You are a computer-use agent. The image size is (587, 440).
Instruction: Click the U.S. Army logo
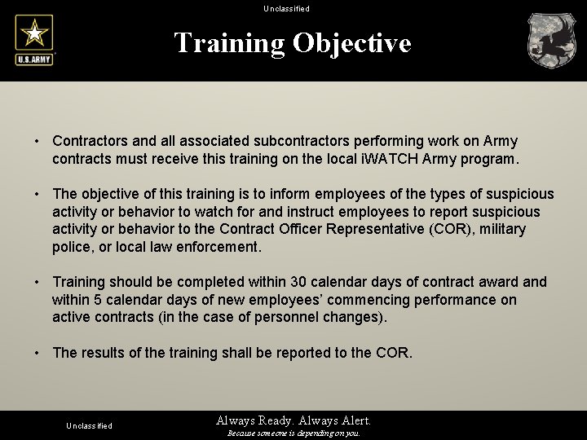[x=34, y=41]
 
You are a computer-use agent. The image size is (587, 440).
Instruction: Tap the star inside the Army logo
[x=34, y=33]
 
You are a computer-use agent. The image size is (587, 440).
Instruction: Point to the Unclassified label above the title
[x=286, y=9]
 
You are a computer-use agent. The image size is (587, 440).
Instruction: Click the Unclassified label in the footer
[x=89, y=425]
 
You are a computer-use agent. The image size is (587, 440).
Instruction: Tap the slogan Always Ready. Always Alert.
[x=293, y=420]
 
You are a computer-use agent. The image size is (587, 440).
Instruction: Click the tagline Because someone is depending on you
[x=293, y=433]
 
